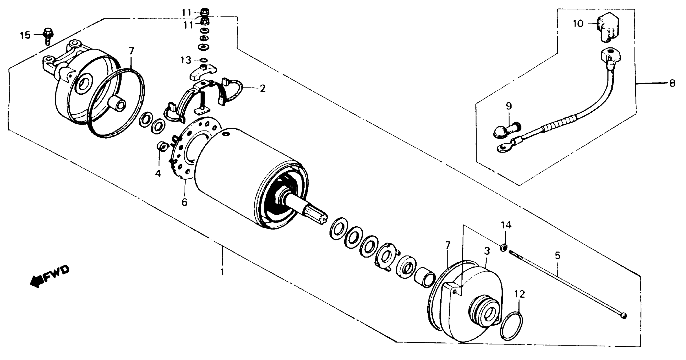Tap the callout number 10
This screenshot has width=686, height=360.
[578, 24]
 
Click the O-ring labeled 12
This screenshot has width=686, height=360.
[511, 326]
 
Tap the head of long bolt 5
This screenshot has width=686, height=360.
[624, 316]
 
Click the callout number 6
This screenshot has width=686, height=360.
[184, 202]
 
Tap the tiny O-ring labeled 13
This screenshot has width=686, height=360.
[203, 60]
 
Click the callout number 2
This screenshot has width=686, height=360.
[263, 88]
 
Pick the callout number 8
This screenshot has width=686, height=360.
[672, 83]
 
